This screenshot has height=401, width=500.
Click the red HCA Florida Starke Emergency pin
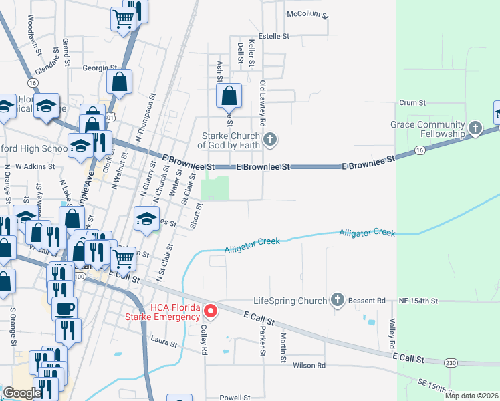pos(211,311)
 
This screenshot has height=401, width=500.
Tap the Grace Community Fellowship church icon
pos(475,128)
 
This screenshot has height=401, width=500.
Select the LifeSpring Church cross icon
pos(338,301)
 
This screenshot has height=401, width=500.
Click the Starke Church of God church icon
pos(269,140)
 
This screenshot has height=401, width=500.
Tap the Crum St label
pos(412,103)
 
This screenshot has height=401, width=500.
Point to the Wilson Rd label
pos(309,366)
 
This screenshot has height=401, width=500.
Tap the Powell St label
pos(234,397)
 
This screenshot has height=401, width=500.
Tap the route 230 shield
pos(451,362)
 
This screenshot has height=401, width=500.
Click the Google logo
pos(22,393)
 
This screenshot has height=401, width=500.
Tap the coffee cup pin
pos(64,309)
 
